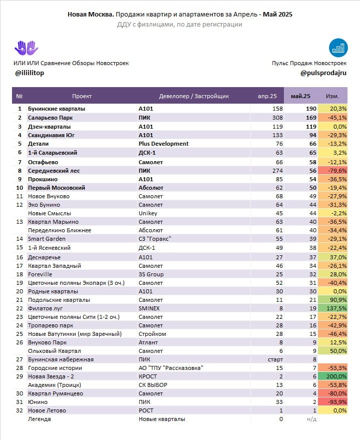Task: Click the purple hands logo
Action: [x=26, y=49]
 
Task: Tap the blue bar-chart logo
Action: [x=338, y=48]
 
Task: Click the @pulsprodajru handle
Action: [x=323, y=73]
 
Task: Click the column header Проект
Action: [x=82, y=96]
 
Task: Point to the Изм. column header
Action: [x=332, y=96]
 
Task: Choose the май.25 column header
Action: [x=300, y=96]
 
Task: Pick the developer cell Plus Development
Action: [x=163, y=144]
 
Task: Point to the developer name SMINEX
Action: [x=149, y=308]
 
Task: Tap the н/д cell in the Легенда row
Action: [x=311, y=419]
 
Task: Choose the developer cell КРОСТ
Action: [x=148, y=376]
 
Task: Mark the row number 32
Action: [x=20, y=410]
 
